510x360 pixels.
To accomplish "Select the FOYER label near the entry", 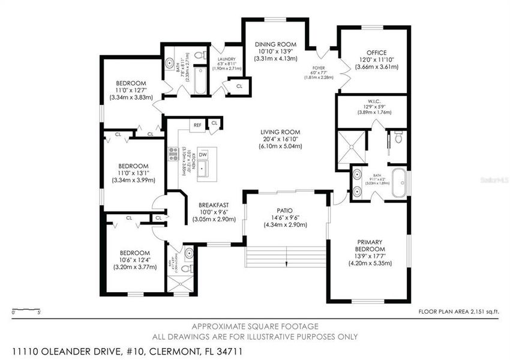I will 319,68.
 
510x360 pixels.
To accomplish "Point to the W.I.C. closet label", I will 373,101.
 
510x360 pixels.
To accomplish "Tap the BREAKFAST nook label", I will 214,205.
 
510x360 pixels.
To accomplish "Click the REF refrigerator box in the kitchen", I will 197,125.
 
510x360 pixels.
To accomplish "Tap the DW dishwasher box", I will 203,154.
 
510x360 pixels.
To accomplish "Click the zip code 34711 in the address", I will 230,349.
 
